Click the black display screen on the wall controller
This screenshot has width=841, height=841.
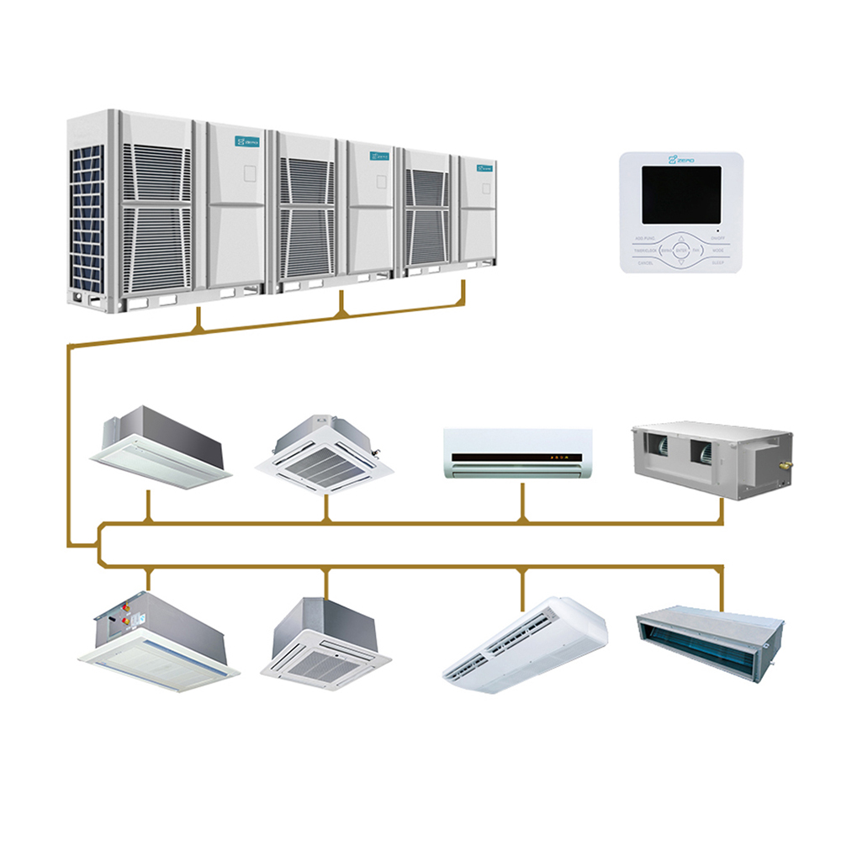click(x=681, y=194)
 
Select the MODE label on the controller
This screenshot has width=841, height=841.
click(x=717, y=251)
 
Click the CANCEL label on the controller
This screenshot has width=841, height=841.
click(x=646, y=262)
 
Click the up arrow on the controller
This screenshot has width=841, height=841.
click(x=681, y=239)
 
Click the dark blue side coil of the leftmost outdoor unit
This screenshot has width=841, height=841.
click(x=87, y=219)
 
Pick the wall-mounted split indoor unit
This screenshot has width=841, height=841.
click(x=518, y=453)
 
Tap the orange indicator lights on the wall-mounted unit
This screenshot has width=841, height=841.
click(x=556, y=458)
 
